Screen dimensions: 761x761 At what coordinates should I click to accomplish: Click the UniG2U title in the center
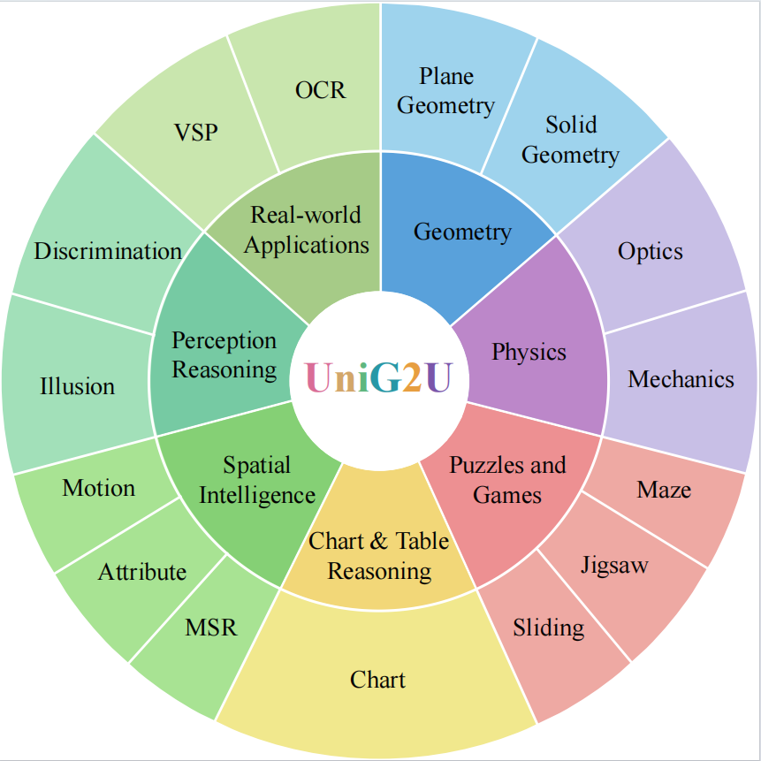point(378,377)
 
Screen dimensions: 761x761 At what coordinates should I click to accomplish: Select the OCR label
point(320,90)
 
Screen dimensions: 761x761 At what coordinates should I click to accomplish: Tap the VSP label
point(195,133)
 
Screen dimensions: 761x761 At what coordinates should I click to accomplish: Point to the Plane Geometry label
point(445,91)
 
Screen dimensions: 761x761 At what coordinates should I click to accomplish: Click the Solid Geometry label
point(570,140)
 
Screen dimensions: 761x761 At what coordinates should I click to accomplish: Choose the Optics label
point(651,251)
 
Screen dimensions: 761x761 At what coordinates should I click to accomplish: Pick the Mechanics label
point(681,379)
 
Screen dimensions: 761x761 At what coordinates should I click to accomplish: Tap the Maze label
point(664,490)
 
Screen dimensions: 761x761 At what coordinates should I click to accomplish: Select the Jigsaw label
point(614,565)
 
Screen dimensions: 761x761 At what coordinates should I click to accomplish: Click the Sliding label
point(548,628)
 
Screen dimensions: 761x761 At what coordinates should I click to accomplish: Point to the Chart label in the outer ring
point(377,680)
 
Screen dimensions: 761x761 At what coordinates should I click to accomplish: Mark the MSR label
point(211,628)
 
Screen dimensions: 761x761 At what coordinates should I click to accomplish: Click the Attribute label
point(142,572)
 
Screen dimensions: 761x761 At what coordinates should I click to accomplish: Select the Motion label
point(99,488)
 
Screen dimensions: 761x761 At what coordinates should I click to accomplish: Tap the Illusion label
point(78,386)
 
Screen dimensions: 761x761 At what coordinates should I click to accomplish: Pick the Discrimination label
point(108,251)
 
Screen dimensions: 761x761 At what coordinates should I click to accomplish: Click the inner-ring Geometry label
point(462,232)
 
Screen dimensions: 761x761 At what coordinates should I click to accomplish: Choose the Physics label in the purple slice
point(529,352)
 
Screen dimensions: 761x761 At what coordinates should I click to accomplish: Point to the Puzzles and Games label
point(507,480)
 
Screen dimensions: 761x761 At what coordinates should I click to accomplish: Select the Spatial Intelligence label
point(256,480)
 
